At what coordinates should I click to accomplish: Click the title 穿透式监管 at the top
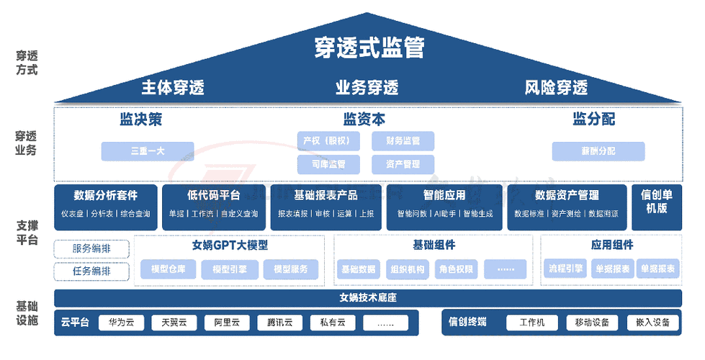(x=369, y=48)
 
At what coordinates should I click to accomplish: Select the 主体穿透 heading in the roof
(x=173, y=88)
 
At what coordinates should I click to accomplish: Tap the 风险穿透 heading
(x=556, y=88)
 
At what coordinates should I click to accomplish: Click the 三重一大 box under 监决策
(x=148, y=151)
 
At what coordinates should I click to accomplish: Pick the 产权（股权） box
(x=328, y=140)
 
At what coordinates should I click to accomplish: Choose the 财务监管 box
(x=403, y=140)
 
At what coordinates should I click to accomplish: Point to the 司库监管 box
(x=328, y=164)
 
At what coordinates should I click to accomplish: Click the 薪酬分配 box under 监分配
(x=598, y=151)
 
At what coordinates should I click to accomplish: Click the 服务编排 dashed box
(x=91, y=249)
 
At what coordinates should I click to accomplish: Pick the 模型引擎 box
(x=229, y=269)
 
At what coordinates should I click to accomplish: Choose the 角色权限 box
(x=456, y=269)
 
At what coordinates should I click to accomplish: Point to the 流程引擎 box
(x=564, y=269)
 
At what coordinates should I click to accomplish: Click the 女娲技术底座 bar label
(x=368, y=297)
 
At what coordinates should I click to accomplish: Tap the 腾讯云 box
(x=279, y=323)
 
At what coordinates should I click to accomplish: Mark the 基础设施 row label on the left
(x=27, y=314)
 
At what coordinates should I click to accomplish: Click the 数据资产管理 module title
(x=567, y=195)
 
